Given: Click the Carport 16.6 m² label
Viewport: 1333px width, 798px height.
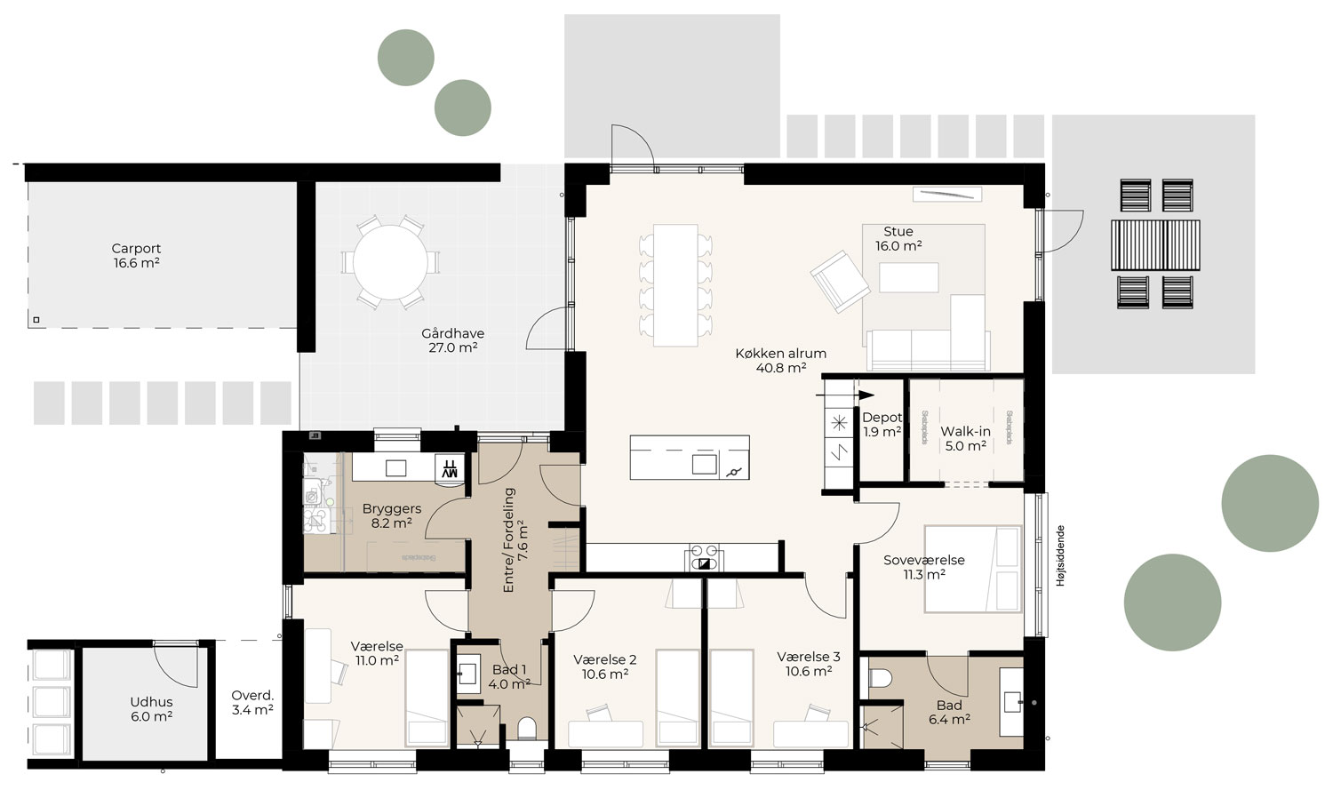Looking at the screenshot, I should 136,256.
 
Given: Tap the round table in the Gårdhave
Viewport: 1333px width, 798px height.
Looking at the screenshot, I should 389,263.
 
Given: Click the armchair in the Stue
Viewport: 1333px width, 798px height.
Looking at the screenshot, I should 839,281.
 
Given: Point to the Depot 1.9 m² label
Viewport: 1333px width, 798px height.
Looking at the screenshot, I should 882,425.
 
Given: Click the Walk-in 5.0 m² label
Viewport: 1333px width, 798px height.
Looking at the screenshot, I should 966,439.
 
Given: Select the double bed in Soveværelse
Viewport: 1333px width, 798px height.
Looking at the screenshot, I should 972,569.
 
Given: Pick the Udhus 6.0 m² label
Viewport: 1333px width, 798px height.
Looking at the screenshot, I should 151,708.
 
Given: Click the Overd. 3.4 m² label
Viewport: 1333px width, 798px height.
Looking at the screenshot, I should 252,702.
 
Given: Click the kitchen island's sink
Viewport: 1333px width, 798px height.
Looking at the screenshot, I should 705,464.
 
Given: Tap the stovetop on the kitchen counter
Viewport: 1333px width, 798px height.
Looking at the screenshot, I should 704,555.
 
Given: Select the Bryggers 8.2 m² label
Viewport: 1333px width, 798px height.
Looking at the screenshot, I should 391,516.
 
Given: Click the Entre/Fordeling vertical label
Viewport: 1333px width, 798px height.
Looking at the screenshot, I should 515,540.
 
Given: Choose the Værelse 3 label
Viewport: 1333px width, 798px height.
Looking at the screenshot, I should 808,664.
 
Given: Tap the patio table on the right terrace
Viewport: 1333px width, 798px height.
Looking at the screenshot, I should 1155,244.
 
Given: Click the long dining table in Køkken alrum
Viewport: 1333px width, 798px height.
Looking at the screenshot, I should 675,285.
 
